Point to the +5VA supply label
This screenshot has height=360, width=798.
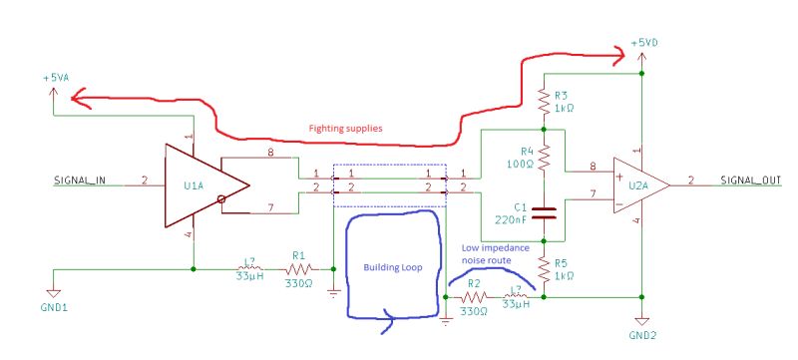tap(56, 78)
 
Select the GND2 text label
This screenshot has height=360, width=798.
tap(643, 338)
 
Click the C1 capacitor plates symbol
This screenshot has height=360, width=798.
tap(544, 212)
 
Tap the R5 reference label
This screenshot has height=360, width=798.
tap(564, 264)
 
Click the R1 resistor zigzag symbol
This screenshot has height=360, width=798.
tap(298, 268)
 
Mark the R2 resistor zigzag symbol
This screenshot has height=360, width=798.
tap(475, 297)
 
